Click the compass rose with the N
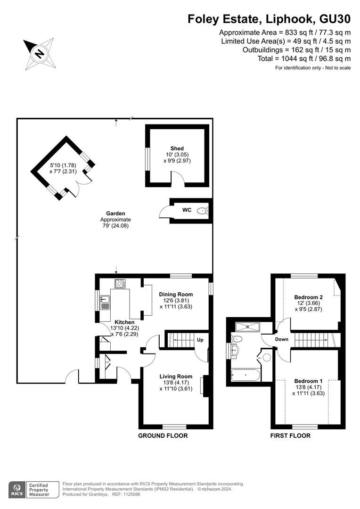(39, 54)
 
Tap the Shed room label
(177, 148)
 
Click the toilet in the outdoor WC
(203, 211)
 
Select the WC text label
(187, 210)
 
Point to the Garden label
(115, 213)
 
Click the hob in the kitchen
(120, 283)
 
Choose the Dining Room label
(176, 294)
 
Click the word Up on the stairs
(200, 340)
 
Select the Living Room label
(176, 376)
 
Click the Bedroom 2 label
(308, 297)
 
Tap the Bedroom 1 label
(308, 381)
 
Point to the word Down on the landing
(281, 339)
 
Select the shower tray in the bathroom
(247, 327)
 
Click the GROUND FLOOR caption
(163, 435)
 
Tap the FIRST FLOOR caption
(290, 435)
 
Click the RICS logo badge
(34, 490)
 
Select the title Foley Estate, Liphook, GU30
(269, 19)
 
